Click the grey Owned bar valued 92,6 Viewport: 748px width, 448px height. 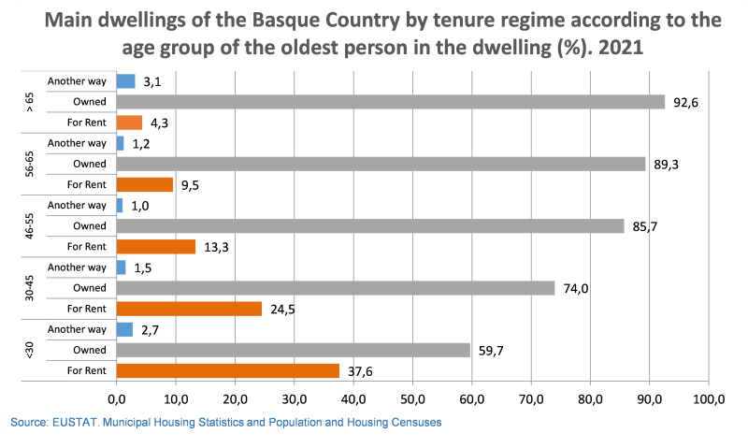(x=390, y=102)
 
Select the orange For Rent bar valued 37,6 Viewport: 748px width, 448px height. (x=227, y=370)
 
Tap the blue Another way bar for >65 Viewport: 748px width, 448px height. (x=125, y=81)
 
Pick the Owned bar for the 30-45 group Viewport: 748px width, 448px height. (x=335, y=288)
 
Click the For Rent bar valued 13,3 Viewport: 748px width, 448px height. (x=155, y=247)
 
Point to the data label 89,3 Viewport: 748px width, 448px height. (x=667, y=164)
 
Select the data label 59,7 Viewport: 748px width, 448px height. (x=489, y=350)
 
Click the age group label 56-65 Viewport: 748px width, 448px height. (x=30, y=164)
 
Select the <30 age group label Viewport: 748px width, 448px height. (x=30, y=350)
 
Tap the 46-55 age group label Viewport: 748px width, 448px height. (x=30, y=225)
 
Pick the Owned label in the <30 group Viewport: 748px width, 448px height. (x=90, y=350)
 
